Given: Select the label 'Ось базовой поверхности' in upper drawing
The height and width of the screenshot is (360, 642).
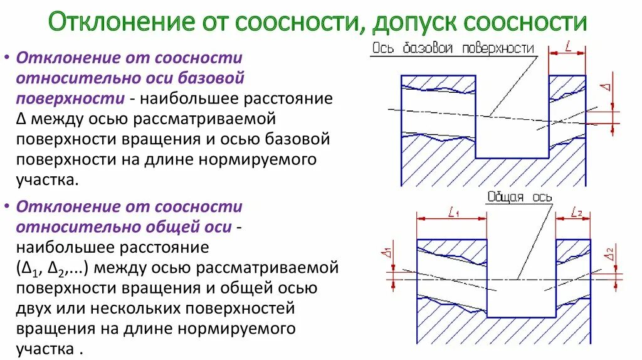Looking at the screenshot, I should pyautogui.click(x=453, y=48).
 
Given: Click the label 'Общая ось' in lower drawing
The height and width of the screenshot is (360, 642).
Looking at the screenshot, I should pyautogui.click(x=520, y=197).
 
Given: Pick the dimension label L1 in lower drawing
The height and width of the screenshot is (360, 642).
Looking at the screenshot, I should pyautogui.click(x=454, y=213).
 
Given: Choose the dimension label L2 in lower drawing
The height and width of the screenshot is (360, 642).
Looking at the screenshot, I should pyautogui.click(x=577, y=213).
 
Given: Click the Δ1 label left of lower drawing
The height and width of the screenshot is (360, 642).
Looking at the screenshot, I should pyautogui.click(x=387, y=253).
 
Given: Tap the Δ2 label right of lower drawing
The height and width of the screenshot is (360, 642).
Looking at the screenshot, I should pyautogui.click(x=609, y=254).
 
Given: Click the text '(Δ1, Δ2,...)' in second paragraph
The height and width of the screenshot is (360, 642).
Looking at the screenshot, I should pyautogui.click(x=56, y=268).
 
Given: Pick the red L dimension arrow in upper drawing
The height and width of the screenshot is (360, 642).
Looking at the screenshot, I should pyautogui.click(x=567, y=55).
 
